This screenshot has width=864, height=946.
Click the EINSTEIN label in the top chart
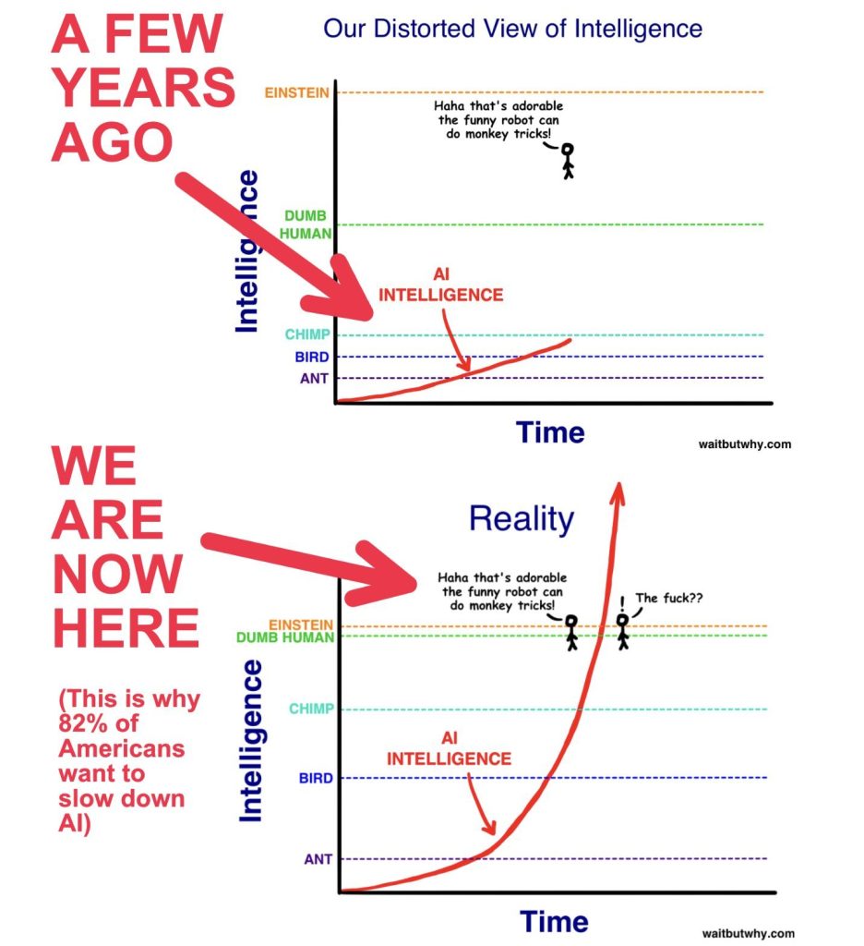(296, 93)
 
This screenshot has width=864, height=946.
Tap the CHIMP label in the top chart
(307, 334)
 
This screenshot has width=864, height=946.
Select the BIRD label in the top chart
(312, 358)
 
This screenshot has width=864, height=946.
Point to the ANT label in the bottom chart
(318, 858)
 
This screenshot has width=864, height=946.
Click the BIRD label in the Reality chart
(316, 778)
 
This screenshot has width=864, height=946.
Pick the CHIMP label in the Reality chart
(311, 709)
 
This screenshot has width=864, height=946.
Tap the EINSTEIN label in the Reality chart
(301, 625)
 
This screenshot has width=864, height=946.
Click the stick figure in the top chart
(568, 161)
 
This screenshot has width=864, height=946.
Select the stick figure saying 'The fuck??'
(623, 632)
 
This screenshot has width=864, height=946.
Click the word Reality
(522, 519)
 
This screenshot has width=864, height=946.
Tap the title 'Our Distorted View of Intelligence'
(512, 29)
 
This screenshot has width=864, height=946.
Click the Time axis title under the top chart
(550, 432)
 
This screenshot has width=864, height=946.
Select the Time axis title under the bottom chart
(554, 922)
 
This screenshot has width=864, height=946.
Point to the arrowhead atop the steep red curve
(618, 491)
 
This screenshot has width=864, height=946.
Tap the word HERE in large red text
(126, 628)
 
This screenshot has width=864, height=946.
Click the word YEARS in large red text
(143, 88)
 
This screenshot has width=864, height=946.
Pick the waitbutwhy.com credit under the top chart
(745, 444)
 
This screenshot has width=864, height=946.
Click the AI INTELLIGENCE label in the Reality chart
(450, 748)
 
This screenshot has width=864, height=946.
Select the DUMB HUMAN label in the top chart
(306, 224)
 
